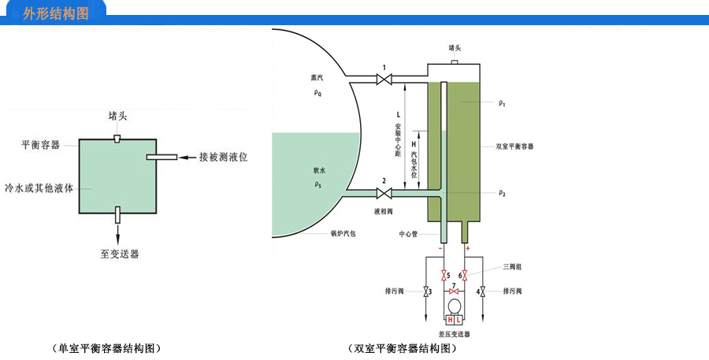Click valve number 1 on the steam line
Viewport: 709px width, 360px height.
tap(384, 80)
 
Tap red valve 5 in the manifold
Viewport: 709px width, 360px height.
tap(444, 276)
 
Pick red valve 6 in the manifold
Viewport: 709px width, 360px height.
tap(466, 276)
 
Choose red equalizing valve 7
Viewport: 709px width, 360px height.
tap(455, 291)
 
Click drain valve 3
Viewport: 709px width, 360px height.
tap(426, 292)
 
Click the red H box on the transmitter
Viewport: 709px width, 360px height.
tap(450, 320)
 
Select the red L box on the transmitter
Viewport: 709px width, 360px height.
tap(459, 320)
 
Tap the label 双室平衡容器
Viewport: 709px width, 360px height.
tap(514, 147)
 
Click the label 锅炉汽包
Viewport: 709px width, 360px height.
tap(343, 234)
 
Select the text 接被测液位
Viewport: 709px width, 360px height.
tap(224, 158)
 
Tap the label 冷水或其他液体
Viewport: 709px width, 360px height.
tap(39, 189)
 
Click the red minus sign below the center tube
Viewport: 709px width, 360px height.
tap(440, 249)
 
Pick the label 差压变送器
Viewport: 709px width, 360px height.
tap(454, 335)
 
